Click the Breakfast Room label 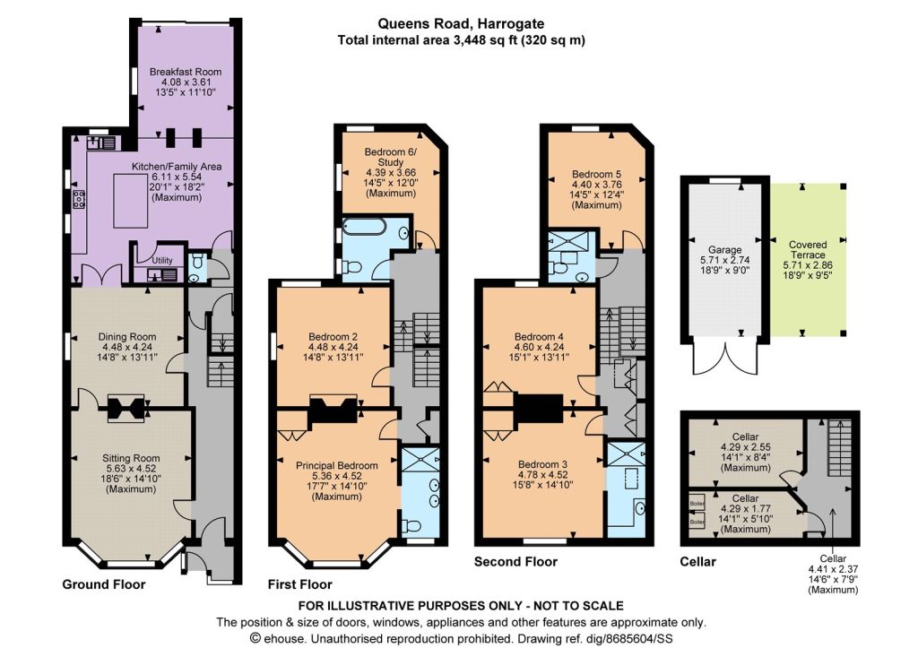[x=186, y=72]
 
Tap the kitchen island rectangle [x=131, y=202]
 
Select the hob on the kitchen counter [x=79, y=199]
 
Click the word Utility [x=163, y=261]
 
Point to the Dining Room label [x=127, y=337]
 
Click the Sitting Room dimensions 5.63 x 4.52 [x=129, y=468]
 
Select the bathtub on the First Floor [x=364, y=226]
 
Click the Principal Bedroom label [x=337, y=465]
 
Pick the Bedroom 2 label [x=333, y=337]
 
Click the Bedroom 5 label [x=596, y=174]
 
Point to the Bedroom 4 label [x=539, y=337]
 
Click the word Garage [x=724, y=249]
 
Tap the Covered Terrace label [x=808, y=249]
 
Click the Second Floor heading [x=515, y=561]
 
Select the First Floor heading [x=299, y=584]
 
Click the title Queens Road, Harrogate [x=461, y=24]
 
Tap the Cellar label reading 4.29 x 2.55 [x=745, y=447]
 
